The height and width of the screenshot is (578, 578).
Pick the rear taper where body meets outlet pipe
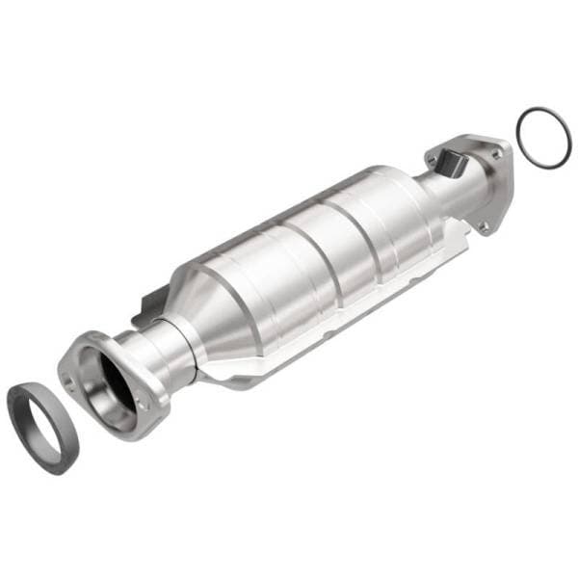424,207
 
